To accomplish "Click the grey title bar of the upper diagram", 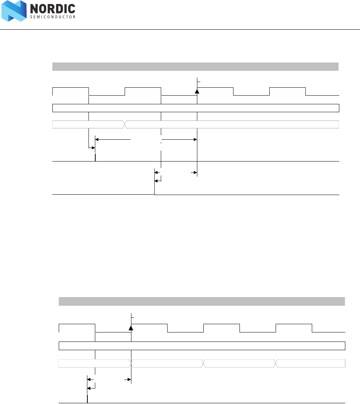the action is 195,67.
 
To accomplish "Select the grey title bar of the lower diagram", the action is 202,301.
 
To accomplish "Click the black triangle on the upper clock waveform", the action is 197,91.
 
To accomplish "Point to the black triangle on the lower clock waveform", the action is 131,327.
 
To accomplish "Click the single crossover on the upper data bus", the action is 125,124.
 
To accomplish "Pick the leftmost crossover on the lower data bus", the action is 131,363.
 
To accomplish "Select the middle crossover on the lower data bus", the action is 203,363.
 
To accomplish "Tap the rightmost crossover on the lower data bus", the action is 276,363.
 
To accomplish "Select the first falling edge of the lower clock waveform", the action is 95,328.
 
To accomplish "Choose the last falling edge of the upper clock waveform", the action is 305,91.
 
